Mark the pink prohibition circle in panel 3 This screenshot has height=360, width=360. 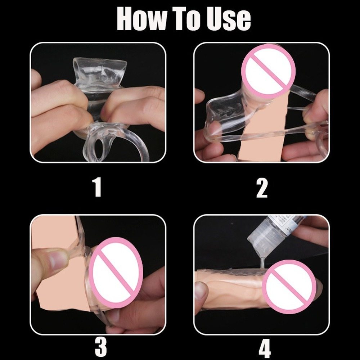click(116, 273)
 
